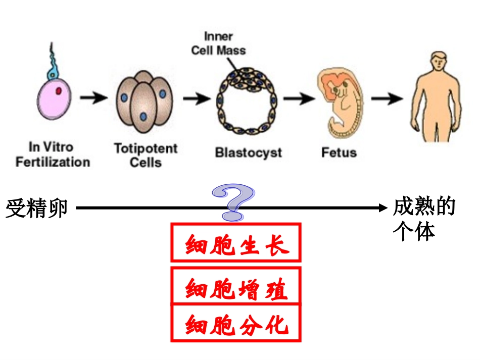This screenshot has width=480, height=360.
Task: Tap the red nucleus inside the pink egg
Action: click(x=59, y=91)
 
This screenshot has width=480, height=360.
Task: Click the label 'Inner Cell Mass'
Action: click(x=218, y=43)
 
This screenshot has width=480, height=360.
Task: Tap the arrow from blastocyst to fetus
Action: click(x=298, y=98)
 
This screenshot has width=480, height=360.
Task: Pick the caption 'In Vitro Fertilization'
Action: click(x=52, y=155)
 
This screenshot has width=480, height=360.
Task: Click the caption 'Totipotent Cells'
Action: click(x=146, y=155)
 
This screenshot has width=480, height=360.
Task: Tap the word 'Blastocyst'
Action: click(x=248, y=152)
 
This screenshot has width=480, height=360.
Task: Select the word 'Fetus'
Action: click(x=339, y=152)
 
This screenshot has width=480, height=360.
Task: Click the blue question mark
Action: click(x=234, y=202)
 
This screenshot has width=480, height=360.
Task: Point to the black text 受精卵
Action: click(x=36, y=208)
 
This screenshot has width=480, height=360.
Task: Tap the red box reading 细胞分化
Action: click(x=236, y=323)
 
